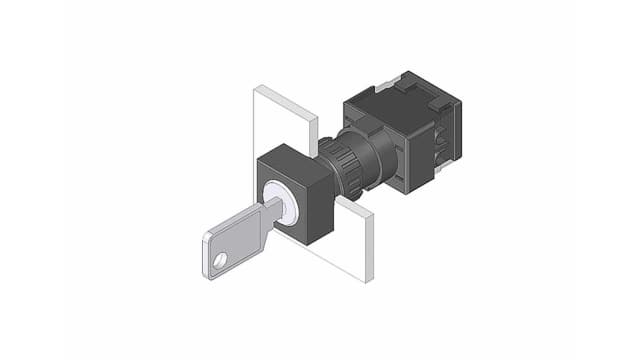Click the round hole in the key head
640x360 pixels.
pos(221,264)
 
